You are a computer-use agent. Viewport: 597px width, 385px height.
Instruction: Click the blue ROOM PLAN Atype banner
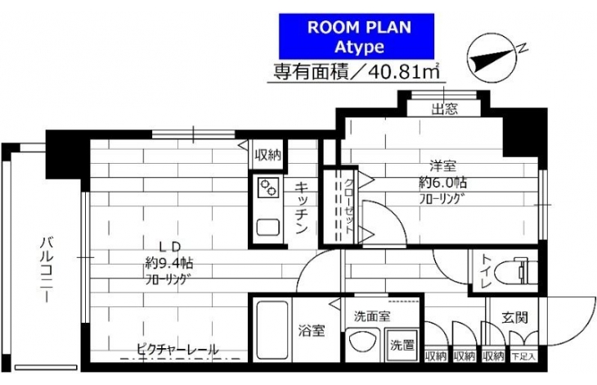pos(357,37)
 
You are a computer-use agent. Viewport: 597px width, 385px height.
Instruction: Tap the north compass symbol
pos(492,60)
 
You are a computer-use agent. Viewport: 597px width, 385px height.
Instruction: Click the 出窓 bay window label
pos(444,110)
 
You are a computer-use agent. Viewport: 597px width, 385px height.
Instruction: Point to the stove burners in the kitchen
pos(268,188)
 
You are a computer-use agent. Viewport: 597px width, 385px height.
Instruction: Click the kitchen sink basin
pos(268,227)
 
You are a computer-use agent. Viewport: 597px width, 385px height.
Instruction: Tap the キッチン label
pos(302,208)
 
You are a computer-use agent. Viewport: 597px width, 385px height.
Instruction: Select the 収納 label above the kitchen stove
pos(268,155)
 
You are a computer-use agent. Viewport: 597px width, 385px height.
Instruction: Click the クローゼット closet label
pos(348,209)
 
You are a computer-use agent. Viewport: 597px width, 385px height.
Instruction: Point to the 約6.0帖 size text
pos(442,183)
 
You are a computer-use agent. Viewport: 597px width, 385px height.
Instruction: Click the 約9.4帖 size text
pos(168,263)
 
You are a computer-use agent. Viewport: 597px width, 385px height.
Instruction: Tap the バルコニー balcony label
pos(47,269)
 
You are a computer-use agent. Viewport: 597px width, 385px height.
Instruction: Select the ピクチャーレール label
pos(177,350)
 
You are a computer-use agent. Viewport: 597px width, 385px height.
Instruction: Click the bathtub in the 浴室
pos(272,330)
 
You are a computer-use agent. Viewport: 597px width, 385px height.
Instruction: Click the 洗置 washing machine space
pos(402,345)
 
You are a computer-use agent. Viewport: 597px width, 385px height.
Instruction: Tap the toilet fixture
pos(517,272)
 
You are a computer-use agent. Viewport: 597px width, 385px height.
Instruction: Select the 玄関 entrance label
pos(514,318)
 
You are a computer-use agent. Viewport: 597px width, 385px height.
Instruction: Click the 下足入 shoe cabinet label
pos(523,357)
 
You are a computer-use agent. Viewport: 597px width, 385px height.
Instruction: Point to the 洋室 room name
pos(442,166)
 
